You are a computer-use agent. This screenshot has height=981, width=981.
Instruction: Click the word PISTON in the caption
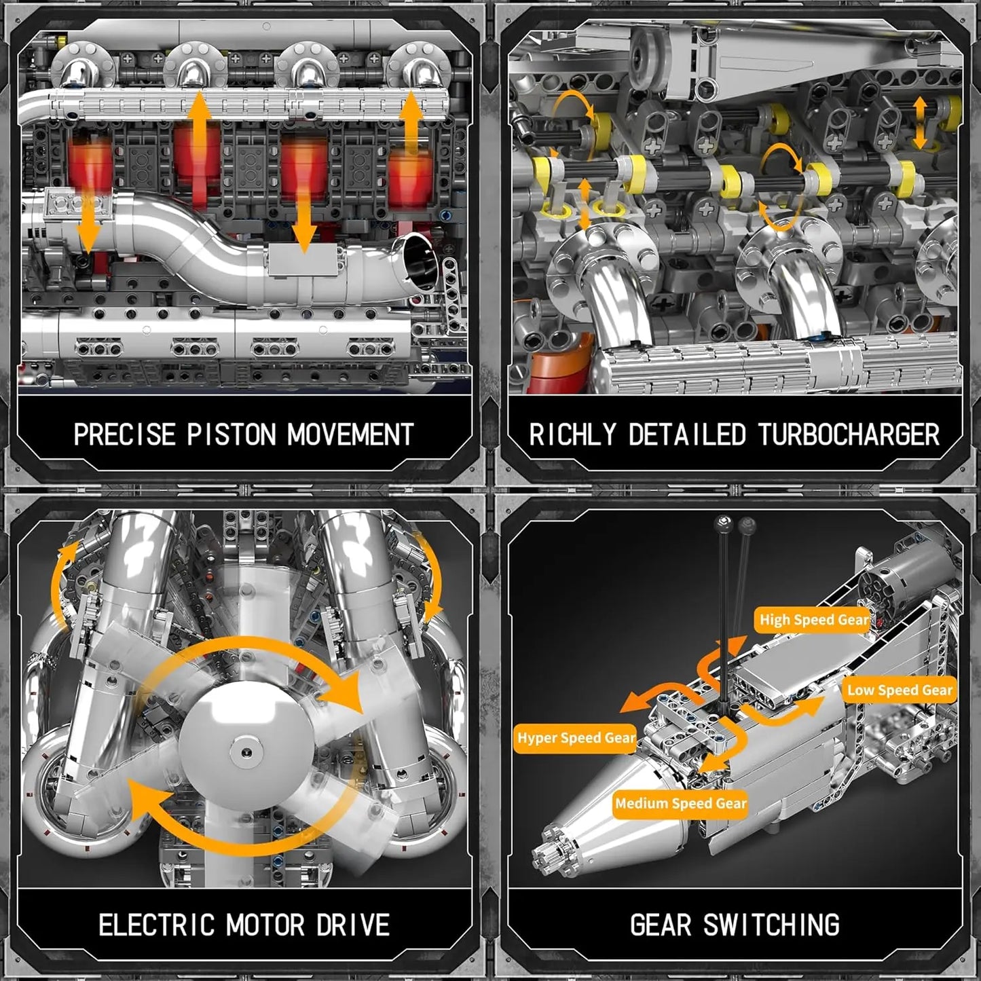pos(232,434)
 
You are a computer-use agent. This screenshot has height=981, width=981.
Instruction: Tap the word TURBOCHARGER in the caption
pos(848,434)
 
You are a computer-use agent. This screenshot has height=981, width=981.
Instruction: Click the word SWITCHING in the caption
pos(771,925)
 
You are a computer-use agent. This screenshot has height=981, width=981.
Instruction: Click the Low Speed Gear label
pos(900,690)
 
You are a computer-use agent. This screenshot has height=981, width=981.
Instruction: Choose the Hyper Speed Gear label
pos(576,738)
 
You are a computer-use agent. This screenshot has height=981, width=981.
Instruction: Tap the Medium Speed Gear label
pos(680,804)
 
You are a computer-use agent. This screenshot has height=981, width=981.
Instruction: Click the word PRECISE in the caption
pos(124,434)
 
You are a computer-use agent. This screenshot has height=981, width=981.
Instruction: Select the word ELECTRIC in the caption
pos(157,925)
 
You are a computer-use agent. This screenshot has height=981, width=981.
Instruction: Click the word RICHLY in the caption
pos(573,434)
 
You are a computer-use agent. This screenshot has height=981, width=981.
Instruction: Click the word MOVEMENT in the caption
pos(350,434)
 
